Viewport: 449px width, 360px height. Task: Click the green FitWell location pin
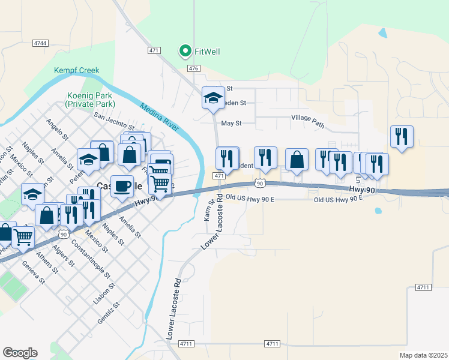(185, 52)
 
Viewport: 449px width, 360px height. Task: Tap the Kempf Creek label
(76, 70)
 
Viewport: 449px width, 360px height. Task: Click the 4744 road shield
(41, 43)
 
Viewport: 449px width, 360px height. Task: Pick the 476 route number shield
(193, 68)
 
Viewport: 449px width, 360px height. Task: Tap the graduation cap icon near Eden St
(212, 97)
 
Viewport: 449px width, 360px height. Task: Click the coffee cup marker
(122, 185)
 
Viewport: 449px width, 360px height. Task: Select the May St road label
(231, 123)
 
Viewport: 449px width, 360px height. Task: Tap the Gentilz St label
(110, 312)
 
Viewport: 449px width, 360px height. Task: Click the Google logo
(20, 352)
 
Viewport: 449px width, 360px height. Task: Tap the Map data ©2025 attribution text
(423, 355)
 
